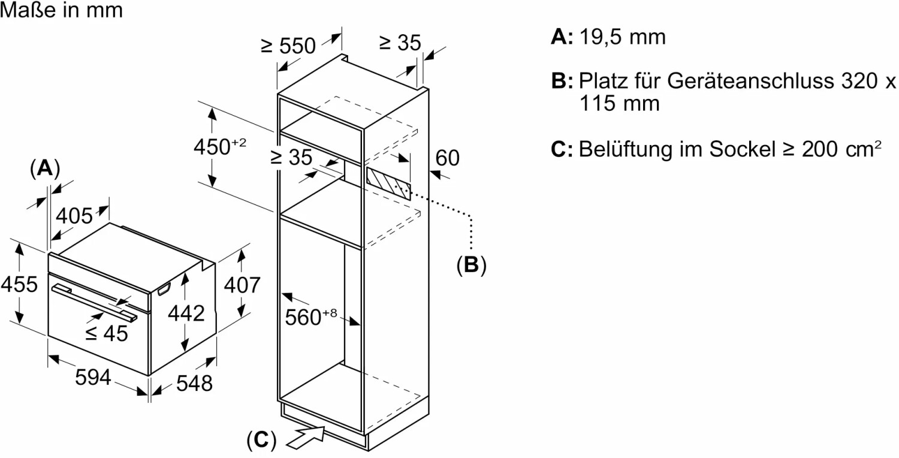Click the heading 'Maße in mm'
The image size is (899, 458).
click(62, 10)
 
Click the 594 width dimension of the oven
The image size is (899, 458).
click(93, 377)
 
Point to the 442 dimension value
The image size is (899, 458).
click(186, 312)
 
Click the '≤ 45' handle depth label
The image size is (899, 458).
click(107, 333)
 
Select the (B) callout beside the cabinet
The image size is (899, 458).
click(471, 264)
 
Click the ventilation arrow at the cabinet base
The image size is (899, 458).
click(306, 436)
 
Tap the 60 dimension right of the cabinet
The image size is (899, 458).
click(447, 158)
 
